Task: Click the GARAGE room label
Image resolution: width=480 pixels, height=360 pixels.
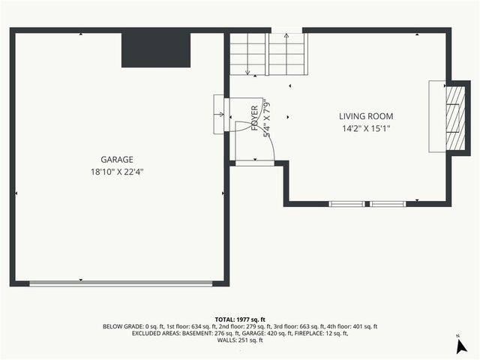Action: coord(117,160)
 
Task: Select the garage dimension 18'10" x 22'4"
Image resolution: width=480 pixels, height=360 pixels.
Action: coord(117,172)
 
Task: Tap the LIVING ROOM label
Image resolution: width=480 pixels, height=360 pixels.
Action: coord(366,116)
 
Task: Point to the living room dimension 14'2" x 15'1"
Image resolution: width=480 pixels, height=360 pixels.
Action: coord(366,128)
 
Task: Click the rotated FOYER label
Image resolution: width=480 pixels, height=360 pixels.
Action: coord(255,118)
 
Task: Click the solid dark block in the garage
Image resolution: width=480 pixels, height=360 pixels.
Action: coord(156,49)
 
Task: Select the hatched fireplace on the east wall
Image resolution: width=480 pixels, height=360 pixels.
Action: coord(453,116)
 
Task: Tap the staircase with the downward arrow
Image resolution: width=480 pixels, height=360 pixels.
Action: coord(248,54)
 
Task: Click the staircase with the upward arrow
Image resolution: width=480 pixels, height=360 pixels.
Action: coord(285,54)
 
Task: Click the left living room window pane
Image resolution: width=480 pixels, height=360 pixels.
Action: coord(347,203)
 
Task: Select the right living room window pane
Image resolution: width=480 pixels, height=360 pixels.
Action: coord(388,203)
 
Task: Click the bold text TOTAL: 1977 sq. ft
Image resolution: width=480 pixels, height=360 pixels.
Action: coord(240,319)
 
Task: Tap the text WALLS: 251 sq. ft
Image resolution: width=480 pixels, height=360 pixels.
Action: coord(240,340)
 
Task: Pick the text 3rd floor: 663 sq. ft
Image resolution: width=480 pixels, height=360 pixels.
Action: coord(298,326)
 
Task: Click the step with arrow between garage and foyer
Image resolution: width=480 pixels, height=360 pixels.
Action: coord(219,114)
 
